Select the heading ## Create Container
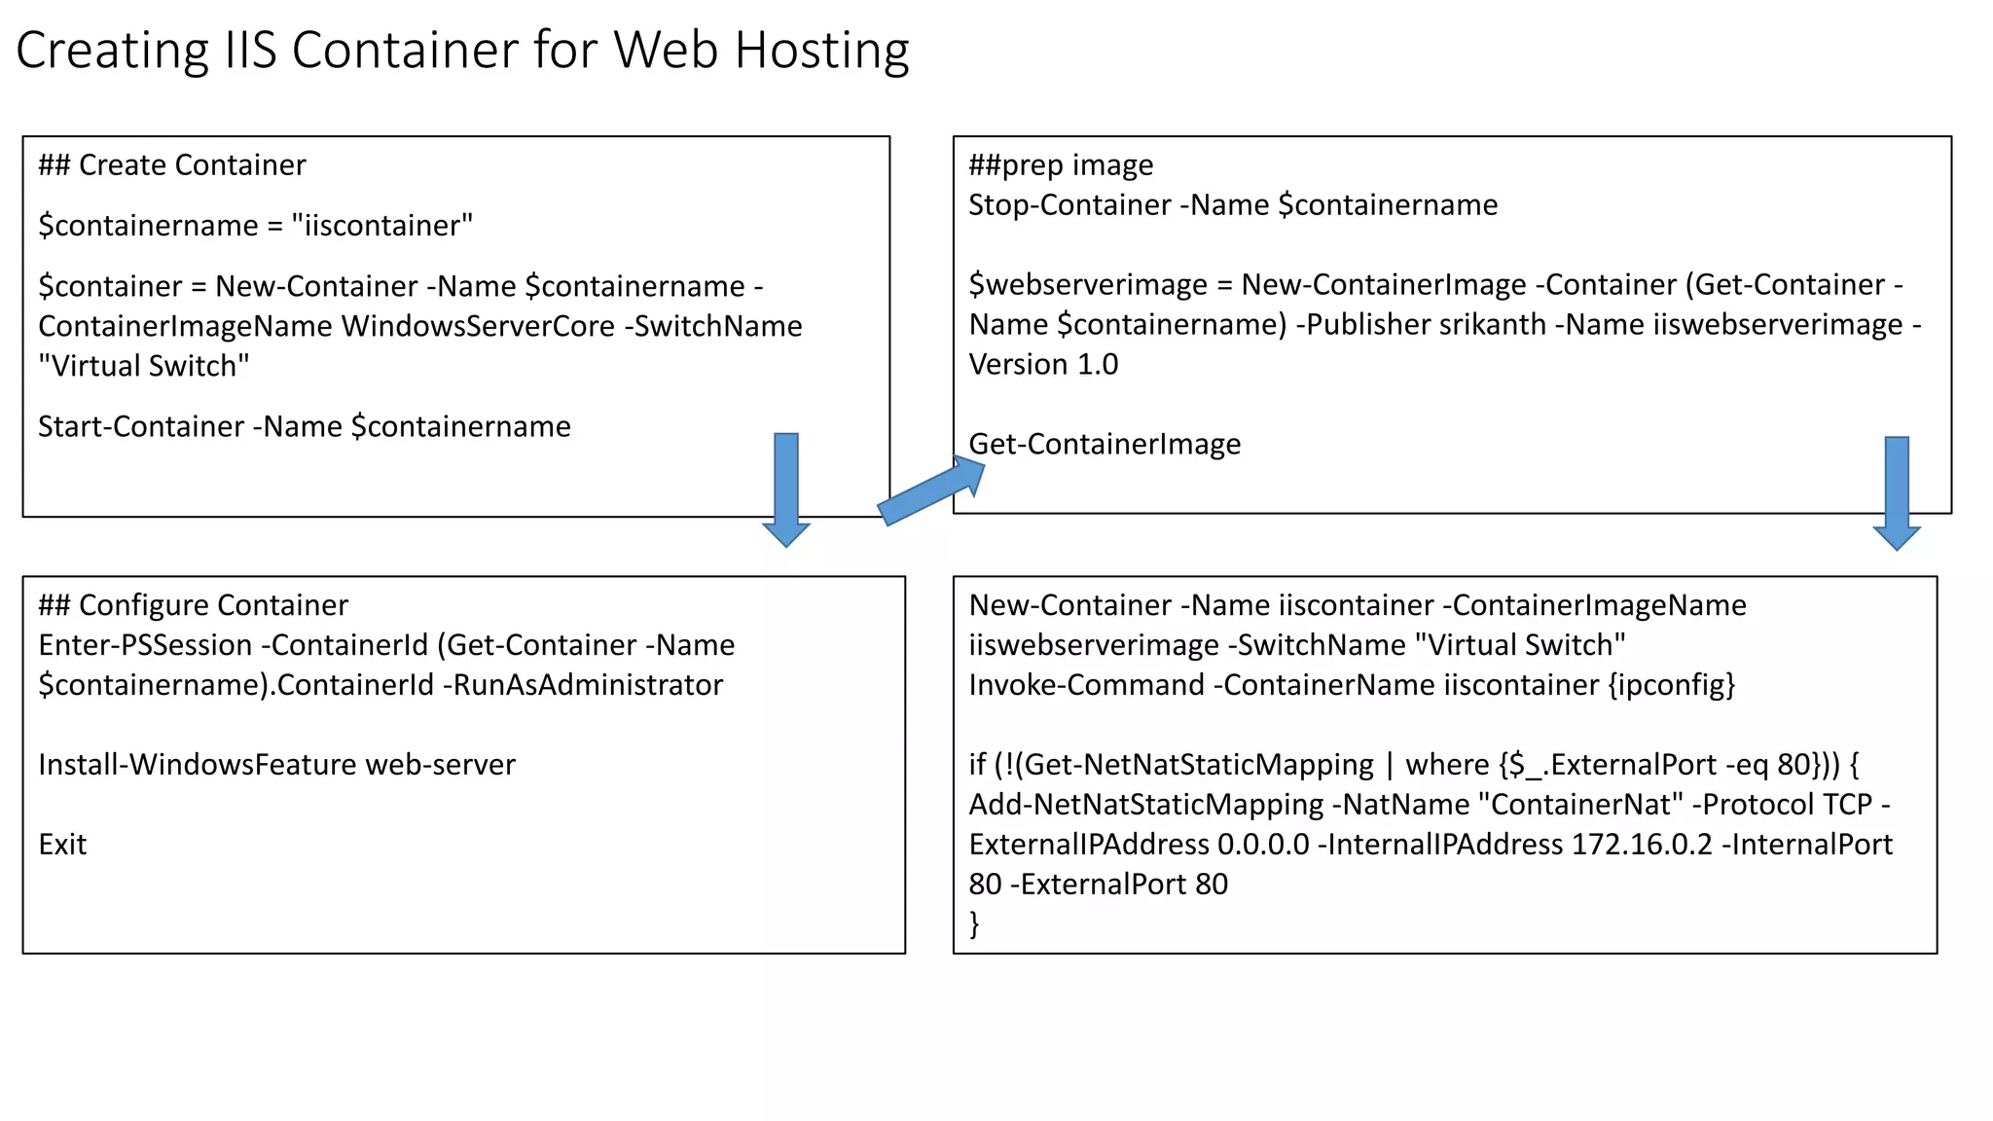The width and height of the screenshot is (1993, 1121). (x=171, y=165)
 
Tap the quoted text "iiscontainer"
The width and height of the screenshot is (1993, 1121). (x=381, y=226)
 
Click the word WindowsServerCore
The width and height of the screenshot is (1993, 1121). (x=478, y=326)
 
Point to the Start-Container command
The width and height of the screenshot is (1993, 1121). (x=140, y=426)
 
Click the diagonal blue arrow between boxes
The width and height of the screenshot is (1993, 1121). (x=929, y=492)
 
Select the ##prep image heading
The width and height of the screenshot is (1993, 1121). (x=1061, y=165)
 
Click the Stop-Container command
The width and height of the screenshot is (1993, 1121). (x=1069, y=205)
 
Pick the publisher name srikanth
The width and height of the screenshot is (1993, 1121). (x=1492, y=324)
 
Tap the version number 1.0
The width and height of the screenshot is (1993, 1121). (x=1098, y=364)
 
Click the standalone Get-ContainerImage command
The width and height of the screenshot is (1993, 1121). (x=1105, y=444)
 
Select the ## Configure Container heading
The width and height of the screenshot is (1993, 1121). (x=193, y=605)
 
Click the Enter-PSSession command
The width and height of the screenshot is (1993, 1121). (x=145, y=645)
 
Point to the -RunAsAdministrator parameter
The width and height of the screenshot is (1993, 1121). (x=583, y=685)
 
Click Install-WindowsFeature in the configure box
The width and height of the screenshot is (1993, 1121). (x=197, y=765)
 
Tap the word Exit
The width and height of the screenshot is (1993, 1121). (x=62, y=845)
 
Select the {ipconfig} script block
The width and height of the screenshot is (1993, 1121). (x=1671, y=685)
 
